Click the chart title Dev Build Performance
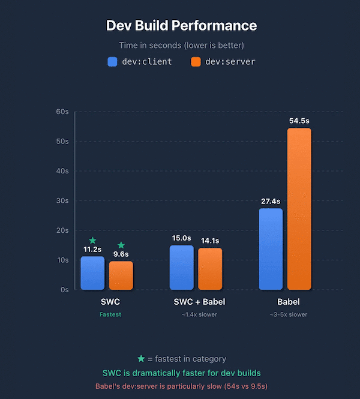[181, 25]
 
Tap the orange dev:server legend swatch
[196, 61]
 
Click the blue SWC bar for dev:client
[92, 274]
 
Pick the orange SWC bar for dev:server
[121, 276]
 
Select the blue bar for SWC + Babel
[181, 268]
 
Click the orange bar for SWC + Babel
[210, 269]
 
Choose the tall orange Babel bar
[299, 209]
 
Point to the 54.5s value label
[299, 121]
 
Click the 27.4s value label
[270, 201]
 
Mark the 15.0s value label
[181, 238]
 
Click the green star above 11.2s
[92, 240]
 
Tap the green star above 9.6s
[121, 245]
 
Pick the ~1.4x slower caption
[196, 314]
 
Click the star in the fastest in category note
[141, 359]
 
